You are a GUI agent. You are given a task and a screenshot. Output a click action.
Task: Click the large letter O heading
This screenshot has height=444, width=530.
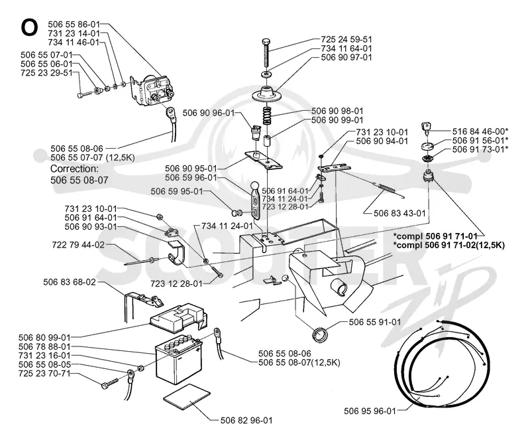click(29, 27)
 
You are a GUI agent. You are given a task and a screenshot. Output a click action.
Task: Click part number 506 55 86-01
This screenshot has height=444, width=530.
click(74, 24)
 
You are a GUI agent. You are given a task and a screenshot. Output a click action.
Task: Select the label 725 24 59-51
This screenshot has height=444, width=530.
click(346, 39)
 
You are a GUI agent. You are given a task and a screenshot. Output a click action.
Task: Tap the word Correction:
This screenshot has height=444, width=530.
click(74, 169)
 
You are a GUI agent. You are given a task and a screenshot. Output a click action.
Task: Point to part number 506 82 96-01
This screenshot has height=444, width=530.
click(246, 420)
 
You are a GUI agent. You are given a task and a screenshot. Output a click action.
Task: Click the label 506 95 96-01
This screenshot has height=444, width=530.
click(370, 411)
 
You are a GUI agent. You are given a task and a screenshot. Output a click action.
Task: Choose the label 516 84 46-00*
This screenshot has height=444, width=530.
click(480, 131)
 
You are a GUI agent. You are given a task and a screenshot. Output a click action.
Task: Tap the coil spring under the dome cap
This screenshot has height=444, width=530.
click(268, 116)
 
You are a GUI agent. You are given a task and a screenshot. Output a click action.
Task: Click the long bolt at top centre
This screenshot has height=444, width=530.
click(266, 54)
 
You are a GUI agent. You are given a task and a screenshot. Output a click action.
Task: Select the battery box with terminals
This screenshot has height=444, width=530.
click(178, 359)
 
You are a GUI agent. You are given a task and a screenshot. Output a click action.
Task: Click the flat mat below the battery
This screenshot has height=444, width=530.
click(187, 397)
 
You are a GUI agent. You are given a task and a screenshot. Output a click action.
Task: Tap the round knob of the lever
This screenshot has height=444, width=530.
click(255, 186)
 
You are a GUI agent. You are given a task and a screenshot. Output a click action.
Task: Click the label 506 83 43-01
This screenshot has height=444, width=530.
click(399, 213)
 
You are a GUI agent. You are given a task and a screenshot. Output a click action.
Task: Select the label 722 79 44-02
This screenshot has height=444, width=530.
click(78, 244)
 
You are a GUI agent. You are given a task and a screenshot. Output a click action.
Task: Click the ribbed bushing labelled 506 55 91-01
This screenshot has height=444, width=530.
click(320, 336)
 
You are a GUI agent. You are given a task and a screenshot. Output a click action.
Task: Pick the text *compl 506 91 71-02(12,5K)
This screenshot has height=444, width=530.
click(449, 245)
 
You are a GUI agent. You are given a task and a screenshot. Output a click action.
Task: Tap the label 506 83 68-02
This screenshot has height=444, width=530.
click(70, 282)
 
